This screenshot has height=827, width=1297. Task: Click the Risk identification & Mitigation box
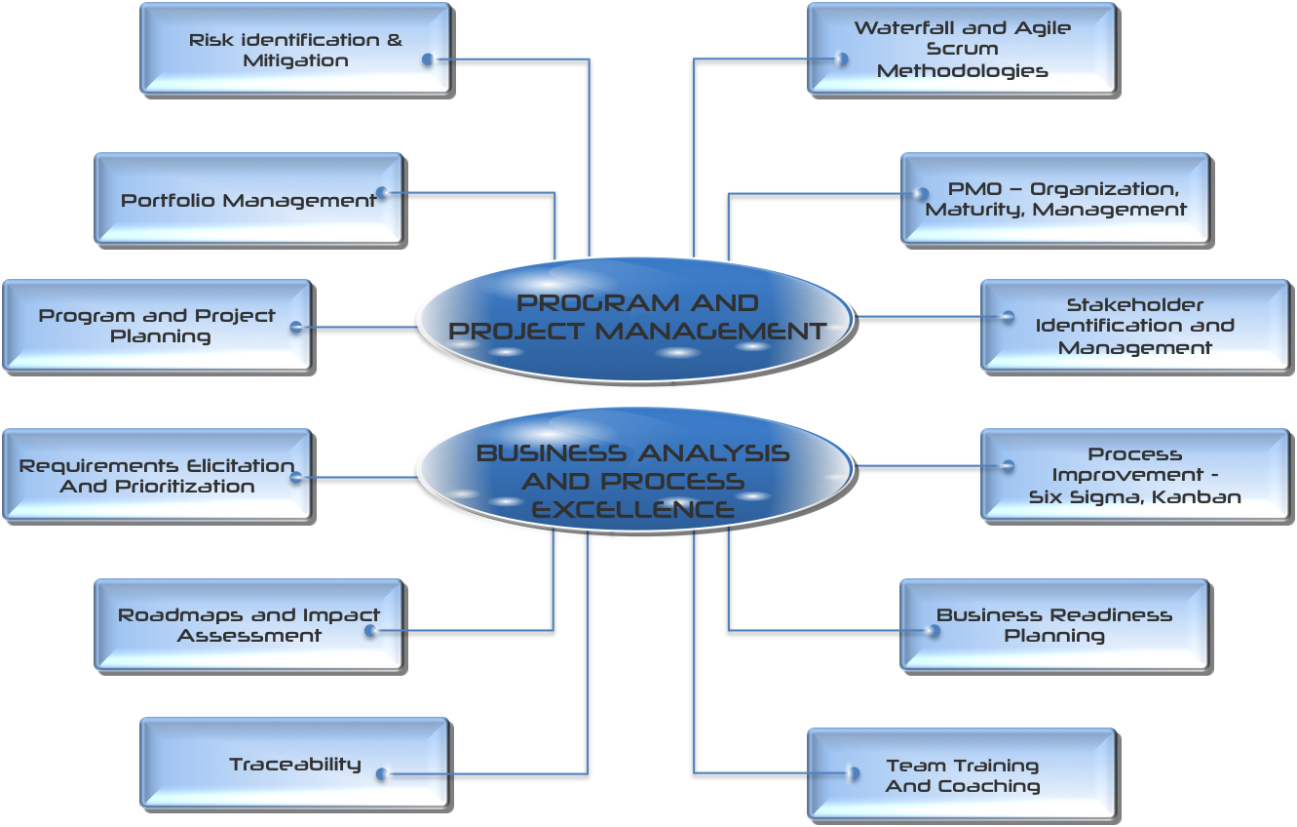point(294,49)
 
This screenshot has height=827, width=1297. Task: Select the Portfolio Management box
point(248,199)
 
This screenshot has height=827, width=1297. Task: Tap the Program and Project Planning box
point(156,326)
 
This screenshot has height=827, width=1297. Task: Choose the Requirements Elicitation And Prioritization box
point(156,475)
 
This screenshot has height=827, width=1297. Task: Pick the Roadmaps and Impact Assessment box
point(248,625)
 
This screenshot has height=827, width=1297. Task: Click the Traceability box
point(294,764)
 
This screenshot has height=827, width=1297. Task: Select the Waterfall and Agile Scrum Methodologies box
point(961,49)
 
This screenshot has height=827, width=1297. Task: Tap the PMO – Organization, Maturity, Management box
point(1054,199)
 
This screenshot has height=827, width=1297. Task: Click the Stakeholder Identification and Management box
point(1134,326)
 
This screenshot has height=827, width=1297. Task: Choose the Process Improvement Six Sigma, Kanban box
point(1134,475)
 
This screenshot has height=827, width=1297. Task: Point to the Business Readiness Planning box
point(1053,625)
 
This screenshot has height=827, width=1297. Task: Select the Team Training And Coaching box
point(961,775)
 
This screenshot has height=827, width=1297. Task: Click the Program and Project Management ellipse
point(635,318)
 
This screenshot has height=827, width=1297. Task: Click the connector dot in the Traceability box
point(381,774)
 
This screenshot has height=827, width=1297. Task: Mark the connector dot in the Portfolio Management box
point(382,193)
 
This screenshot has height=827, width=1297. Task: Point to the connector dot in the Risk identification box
point(428,60)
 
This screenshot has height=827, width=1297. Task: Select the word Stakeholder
point(1134,304)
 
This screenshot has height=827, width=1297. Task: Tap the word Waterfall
point(889,28)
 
